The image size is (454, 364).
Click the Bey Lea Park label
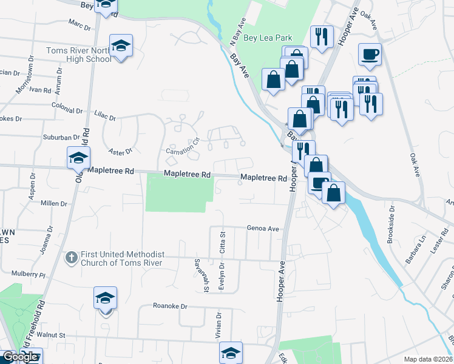click(x=268, y=38)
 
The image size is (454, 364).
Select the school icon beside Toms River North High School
click(x=121, y=45)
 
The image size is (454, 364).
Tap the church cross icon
click(x=71, y=258)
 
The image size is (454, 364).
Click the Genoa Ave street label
click(x=262, y=229)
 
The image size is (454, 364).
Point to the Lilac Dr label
click(x=105, y=113)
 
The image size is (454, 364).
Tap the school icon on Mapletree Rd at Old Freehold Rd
click(x=78, y=158)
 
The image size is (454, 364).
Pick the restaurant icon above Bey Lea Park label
click(x=321, y=36)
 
